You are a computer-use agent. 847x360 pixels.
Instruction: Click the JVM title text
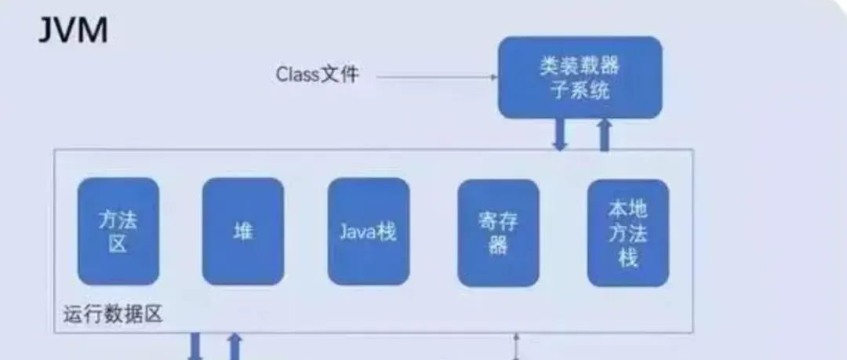tap(73, 31)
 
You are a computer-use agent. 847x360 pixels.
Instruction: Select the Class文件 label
tap(318, 75)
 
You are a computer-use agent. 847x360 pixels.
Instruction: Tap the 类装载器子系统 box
tap(580, 78)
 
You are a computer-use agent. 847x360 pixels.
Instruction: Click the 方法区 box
tap(118, 231)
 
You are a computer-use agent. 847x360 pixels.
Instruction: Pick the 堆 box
tap(242, 231)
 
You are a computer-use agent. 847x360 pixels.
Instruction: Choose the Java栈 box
tap(368, 231)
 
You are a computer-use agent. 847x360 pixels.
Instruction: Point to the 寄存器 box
tap(498, 232)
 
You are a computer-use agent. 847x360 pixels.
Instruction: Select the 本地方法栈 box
tap(627, 232)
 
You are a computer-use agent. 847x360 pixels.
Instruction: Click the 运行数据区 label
tap(111, 315)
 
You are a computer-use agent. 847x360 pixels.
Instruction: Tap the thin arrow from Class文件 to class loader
tap(436, 77)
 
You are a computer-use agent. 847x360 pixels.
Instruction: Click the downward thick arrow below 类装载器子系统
tap(559, 134)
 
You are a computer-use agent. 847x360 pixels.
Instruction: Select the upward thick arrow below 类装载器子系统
tap(605, 134)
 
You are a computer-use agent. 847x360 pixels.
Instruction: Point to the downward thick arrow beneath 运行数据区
tap(194, 347)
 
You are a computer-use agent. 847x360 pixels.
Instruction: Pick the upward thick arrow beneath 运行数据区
tap(234, 347)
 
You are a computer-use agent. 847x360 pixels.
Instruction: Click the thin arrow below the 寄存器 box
tap(515, 346)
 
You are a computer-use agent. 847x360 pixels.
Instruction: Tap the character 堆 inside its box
tap(242, 231)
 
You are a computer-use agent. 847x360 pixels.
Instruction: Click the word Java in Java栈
tap(358, 232)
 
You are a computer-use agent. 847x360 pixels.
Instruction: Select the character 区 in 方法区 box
tap(118, 244)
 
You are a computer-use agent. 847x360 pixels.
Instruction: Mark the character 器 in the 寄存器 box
tap(498, 246)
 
